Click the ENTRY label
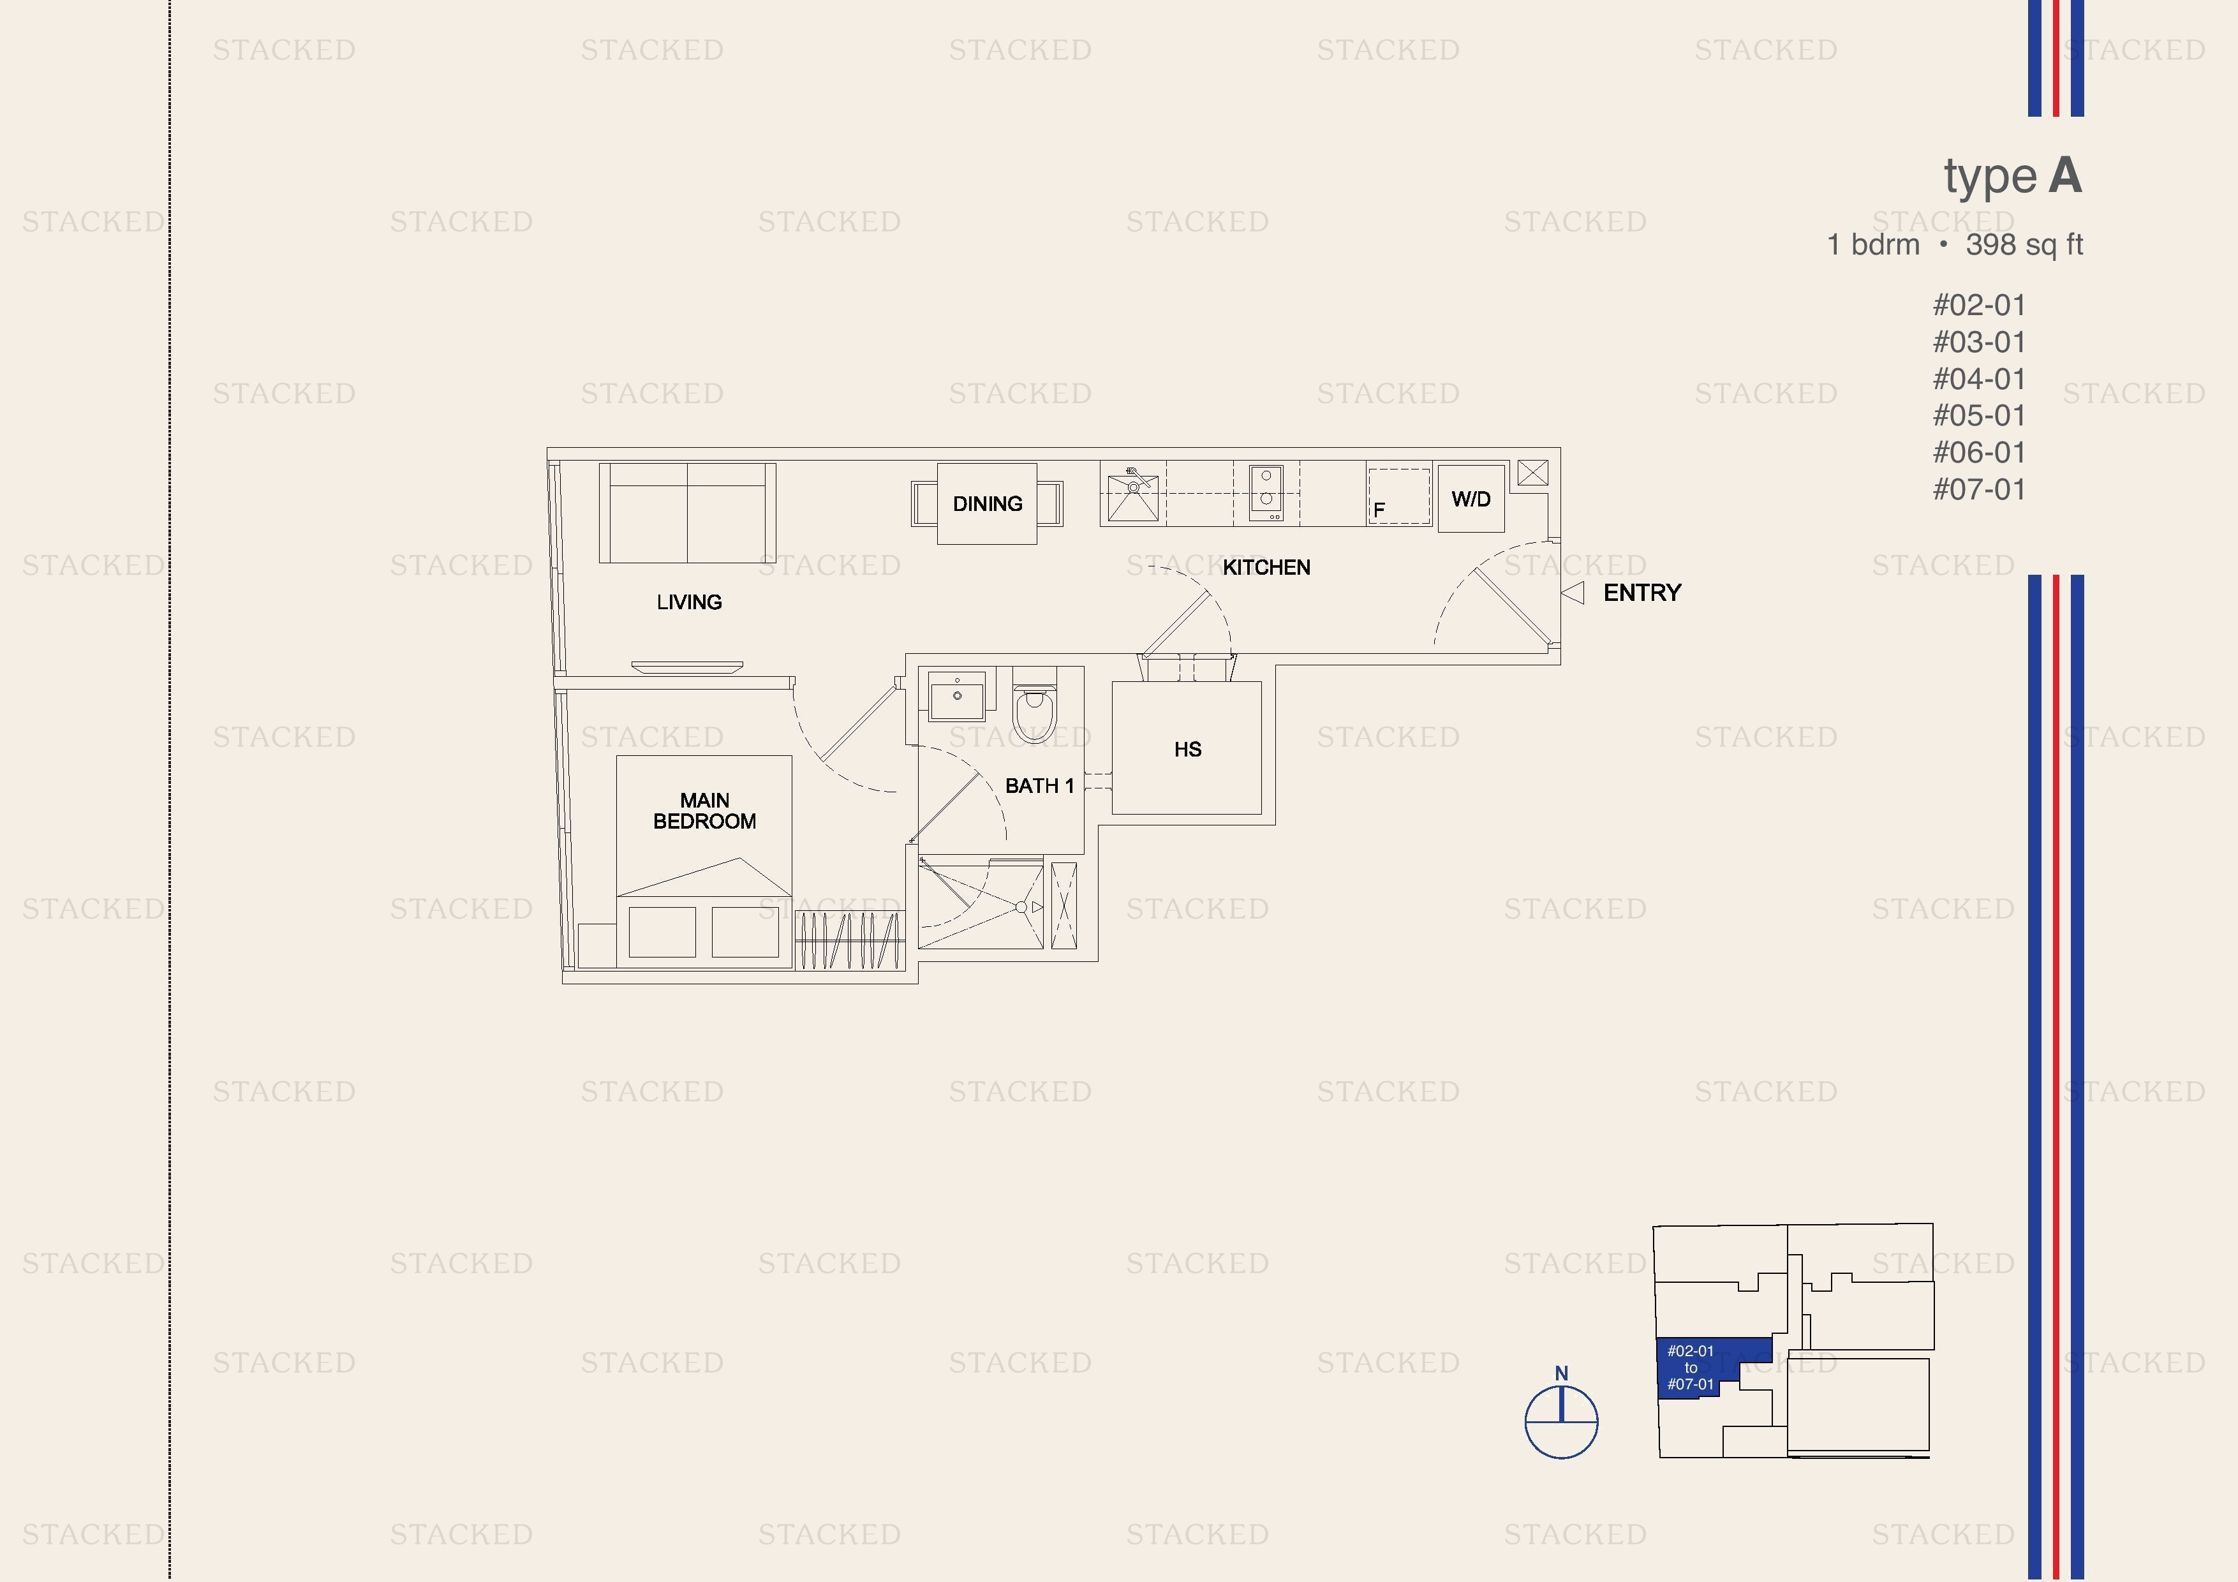[1642, 593]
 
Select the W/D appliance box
[1471, 499]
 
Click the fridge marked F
[1398, 497]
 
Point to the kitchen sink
[1132, 494]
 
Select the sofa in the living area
[687, 513]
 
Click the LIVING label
[689, 602]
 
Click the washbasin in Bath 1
[957, 695]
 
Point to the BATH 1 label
[1039, 786]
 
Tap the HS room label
[1187, 750]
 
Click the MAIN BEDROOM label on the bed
[705, 811]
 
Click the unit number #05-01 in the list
[1979, 416]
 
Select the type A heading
[2013, 177]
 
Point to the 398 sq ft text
[2024, 245]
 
